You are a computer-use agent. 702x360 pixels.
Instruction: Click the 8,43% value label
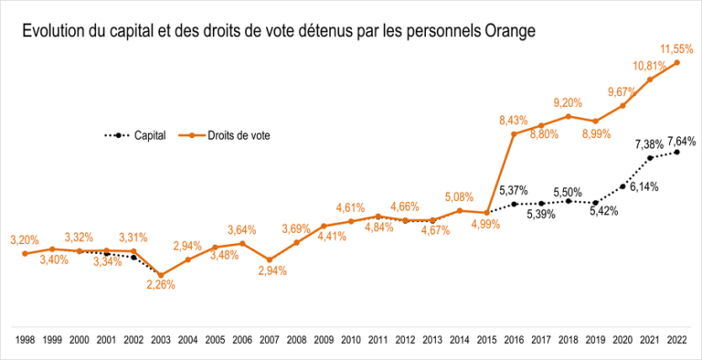(514, 119)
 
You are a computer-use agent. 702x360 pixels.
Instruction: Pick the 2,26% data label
(160, 284)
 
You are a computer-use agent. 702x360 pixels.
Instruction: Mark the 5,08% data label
(461, 196)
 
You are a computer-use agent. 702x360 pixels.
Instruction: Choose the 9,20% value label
(569, 102)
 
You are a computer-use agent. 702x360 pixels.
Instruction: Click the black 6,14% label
(643, 185)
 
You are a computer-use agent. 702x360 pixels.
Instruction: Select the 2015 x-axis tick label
(487, 339)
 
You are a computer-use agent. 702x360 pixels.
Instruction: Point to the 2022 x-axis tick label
(677, 339)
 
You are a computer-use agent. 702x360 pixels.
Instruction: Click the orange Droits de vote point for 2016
(514, 134)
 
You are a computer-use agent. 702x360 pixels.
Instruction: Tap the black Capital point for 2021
(650, 157)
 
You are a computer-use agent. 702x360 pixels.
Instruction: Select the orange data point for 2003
(161, 275)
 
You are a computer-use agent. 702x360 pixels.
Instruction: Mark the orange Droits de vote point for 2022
(677, 63)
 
